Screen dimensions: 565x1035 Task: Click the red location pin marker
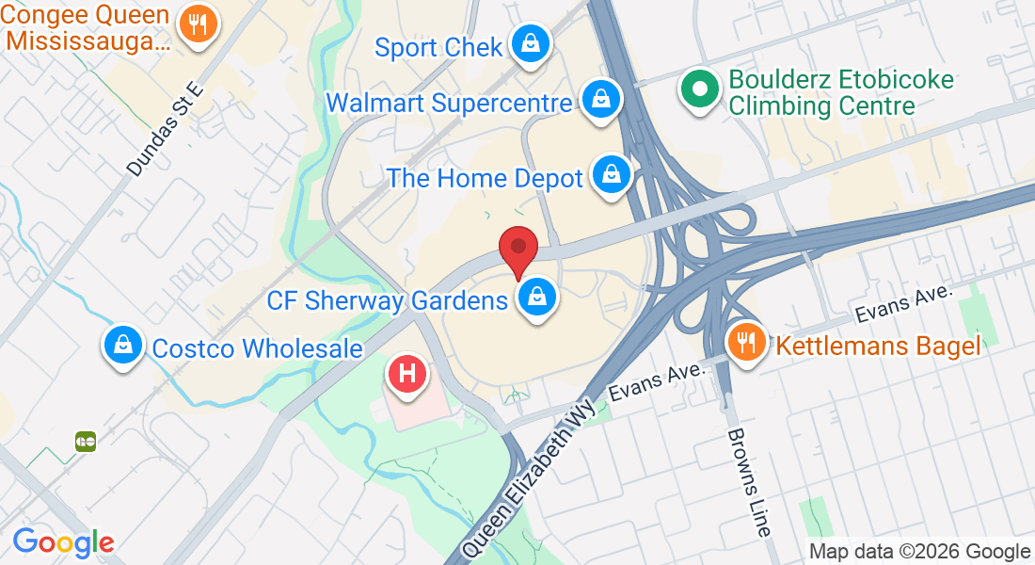(x=517, y=249)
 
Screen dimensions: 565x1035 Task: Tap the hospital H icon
(x=407, y=373)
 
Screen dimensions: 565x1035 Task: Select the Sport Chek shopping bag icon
(x=531, y=43)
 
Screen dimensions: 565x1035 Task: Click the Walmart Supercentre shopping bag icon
(x=599, y=99)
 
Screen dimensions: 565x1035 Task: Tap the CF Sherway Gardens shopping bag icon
(x=537, y=298)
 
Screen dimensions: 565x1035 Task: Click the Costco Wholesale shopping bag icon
(x=123, y=345)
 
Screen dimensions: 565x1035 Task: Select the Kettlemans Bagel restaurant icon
(x=747, y=341)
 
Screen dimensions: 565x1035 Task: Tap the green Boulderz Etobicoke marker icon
(x=699, y=90)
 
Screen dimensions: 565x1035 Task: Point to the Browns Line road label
(x=748, y=482)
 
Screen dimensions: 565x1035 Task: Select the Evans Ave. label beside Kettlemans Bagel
(x=904, y=303)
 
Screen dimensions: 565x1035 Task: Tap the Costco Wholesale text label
(x=257, y=348)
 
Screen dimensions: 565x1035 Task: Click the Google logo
(x=63, y=542)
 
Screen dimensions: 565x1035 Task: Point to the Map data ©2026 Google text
(x=919, y=552)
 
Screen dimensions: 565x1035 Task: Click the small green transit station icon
(x=87, y=441)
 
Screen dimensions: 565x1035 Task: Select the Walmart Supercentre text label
(x=449, y=102)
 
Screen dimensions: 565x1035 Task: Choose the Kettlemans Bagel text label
(x=878, y=346)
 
